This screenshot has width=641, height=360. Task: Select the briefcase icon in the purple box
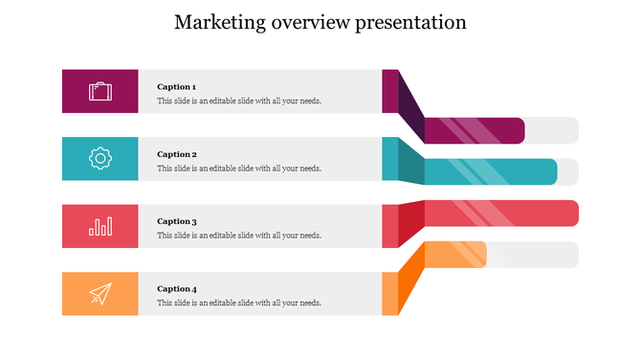point(99,91)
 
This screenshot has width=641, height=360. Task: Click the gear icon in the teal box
point(99,158)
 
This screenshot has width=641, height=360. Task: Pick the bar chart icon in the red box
point(99,226)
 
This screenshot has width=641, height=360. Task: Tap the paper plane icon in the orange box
point(99,293)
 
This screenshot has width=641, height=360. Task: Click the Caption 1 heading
point(176,87)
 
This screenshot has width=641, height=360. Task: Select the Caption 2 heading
point(176,154)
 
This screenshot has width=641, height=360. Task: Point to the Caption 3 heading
point(176,221)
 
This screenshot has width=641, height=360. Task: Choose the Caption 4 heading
point(176,288)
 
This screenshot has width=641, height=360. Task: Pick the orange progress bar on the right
point(454,255)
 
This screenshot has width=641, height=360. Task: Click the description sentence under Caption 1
point(239,101)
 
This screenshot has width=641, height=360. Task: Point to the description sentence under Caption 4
point(239,303)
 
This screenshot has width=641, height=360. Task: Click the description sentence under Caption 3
point(239,236)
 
